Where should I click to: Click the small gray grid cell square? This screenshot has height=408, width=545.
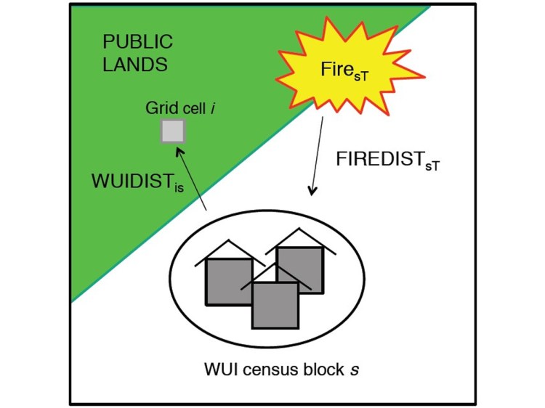coord(173,131)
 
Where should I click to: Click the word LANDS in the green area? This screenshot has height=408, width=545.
coord(136,65)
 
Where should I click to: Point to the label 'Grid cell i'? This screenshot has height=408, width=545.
coord(181,109)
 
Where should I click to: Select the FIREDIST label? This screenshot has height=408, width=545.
coord(385,160)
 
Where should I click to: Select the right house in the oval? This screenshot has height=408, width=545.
coord(300,269)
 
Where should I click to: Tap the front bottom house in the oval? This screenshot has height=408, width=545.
coord(275,304)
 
